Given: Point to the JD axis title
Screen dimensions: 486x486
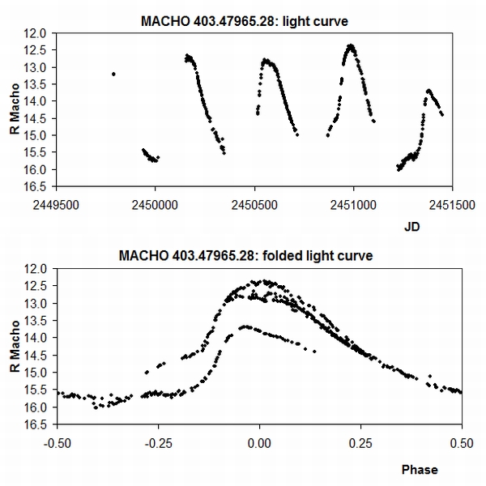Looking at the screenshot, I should point(411,228).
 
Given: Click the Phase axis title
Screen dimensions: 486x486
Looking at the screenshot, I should point(420,469).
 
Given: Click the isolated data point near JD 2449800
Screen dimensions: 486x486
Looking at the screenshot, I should point(113,74).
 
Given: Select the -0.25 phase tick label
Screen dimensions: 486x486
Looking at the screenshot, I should point(158,443).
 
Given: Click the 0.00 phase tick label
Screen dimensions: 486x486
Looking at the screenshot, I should point(259,443).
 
